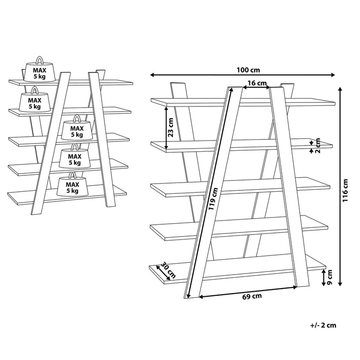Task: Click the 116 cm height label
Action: [x=346, y=190]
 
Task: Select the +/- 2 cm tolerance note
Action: [x=323, y=325]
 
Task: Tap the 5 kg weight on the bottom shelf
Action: [x=72, y=187]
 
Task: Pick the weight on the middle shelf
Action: [x=77, y=131]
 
